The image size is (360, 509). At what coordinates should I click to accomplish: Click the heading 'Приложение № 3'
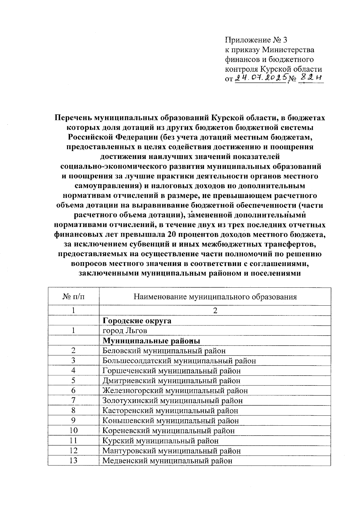point(256,40)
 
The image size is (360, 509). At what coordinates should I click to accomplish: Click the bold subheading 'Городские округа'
point(137,321)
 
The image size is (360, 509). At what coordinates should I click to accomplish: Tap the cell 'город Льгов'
point(125,331)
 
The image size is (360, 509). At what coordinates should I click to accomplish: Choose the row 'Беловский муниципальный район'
point(164,351)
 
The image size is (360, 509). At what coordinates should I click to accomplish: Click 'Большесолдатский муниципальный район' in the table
point(179,361)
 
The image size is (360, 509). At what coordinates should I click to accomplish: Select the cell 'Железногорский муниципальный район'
point(175,391)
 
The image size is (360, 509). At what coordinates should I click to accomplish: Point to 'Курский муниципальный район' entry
point(160,441)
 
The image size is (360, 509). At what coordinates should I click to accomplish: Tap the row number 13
point(73,460)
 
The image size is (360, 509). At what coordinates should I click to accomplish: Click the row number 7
point(73,400)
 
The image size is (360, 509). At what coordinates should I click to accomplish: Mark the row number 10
point(73,430)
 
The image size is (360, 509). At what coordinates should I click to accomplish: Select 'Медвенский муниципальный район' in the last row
point(167,461)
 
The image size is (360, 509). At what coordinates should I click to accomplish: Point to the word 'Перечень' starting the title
point(73,118)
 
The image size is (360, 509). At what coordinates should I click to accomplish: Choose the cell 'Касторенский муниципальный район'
point(170,411)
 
